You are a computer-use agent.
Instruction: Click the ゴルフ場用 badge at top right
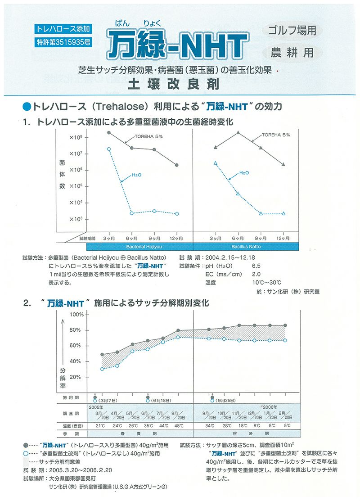292,31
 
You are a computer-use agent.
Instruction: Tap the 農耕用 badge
292,52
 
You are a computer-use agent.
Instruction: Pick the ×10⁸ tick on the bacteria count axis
75,137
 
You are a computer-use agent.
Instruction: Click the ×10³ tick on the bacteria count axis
75,219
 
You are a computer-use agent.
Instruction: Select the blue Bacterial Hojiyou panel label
133,247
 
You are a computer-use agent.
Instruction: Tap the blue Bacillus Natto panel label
246,247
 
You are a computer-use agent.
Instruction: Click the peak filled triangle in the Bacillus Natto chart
238,133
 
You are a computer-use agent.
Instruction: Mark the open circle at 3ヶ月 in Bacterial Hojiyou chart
109,149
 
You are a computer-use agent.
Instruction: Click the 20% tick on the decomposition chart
76,377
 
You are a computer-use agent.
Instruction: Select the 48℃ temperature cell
179,425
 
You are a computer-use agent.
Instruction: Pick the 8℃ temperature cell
256,425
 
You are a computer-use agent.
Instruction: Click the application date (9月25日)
226,400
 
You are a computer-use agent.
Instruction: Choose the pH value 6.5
256,266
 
